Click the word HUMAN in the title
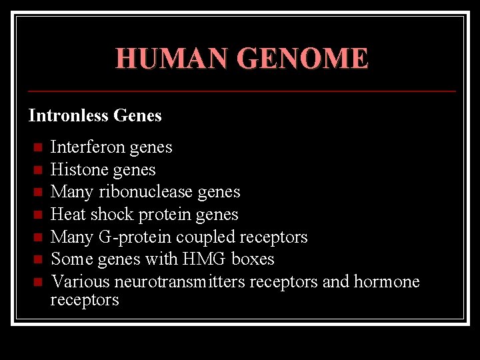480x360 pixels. (x=173, y=59)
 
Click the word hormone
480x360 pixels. (x=387, y=282)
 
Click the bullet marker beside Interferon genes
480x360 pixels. (x=37, y=147)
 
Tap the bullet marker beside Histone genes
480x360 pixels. (x=37, y=170)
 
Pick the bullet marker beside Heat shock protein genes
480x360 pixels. (x=37, y=215)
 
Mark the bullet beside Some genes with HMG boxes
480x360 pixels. (x=37, y=259)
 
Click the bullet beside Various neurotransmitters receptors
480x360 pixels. (x=37, y=282)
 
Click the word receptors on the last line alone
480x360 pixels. (x=85, y=300)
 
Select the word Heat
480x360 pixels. (x=68, y=214)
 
